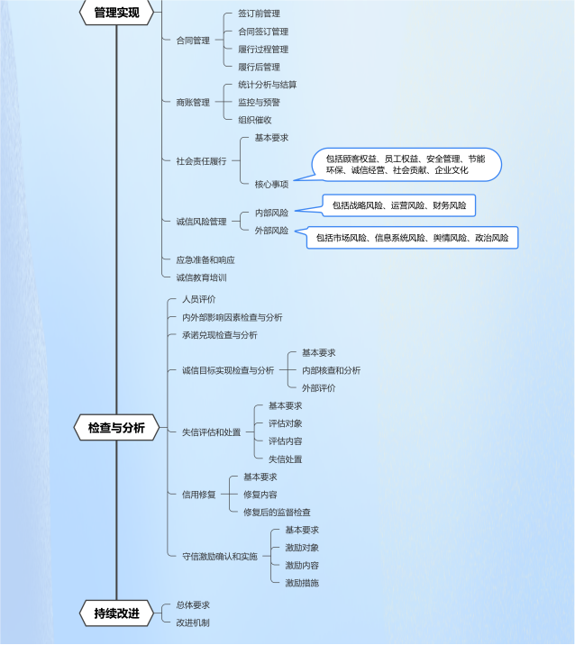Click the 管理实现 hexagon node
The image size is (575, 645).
tap(116, 13)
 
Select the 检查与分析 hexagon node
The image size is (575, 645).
tap(116, 428)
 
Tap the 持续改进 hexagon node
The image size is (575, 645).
tap(116, 613)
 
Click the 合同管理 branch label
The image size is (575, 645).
tap(193, 41)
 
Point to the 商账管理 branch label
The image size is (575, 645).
tap(193, 102)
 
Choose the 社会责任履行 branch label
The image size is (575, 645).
tap(201, 161)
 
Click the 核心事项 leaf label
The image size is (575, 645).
tap(271, 184)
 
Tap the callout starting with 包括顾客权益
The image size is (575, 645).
tap(406, 165)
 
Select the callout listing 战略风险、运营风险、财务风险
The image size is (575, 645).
tap(399, 205)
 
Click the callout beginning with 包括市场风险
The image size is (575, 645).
tap(412, 237)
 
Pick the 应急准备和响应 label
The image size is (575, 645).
tap(205, 260)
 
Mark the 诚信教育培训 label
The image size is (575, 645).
tap(201, 277)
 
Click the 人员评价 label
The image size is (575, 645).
tap(199, 299)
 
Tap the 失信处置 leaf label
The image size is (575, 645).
tap(285, 459)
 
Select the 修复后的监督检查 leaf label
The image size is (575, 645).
tap(277, 513)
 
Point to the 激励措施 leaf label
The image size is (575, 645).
tap(302, 583)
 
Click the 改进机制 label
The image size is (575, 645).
tap(193, 622)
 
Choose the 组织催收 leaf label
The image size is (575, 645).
tap(255, 120)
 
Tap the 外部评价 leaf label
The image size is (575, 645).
tap(318, 388)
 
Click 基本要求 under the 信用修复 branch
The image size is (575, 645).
tap(260, 477)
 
